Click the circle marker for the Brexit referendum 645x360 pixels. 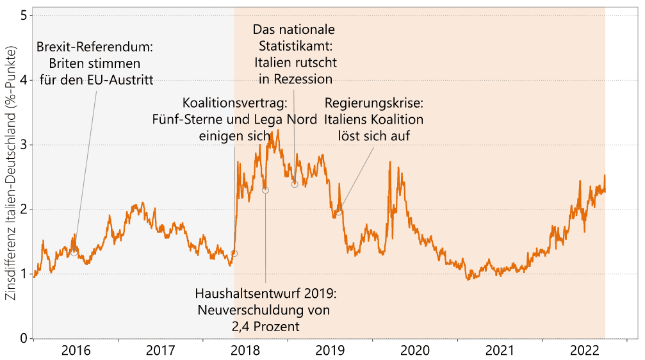pyautogui.click(x=74, y=252)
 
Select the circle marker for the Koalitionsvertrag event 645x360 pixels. pyautogui.click(x=234, y=253)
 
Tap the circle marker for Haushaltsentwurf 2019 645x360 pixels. pyautogui.click(x=265, y=190)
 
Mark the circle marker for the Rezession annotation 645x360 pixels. pyautogui.click(x=295, y=184)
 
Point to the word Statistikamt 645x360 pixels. pyautogui.click(x=294, y=46)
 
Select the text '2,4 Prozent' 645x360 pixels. pyautogui.click(x=265, y=327)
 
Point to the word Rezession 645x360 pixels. pyautogui.click(x=304, y=79)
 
